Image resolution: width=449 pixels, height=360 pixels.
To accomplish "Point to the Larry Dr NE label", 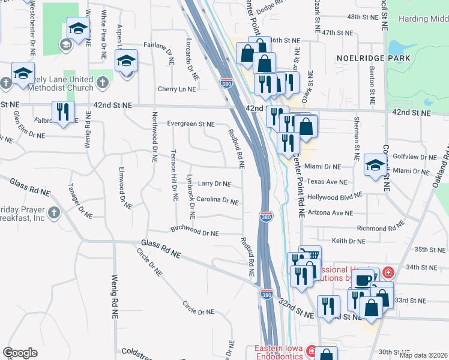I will [x=214, y=184].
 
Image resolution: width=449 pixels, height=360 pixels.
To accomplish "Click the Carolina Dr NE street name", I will [x=217, y=200].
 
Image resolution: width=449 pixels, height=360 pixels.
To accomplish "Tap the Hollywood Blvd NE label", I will [x=334, y=196].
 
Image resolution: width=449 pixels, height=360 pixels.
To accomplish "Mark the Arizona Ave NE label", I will [x=330, y=212].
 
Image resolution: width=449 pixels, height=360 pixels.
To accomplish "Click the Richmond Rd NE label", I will [x=381, y=229].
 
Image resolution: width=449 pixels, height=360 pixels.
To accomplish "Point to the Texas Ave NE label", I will [x=324, y=181].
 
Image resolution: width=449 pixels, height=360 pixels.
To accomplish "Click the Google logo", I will [x=20, y=353].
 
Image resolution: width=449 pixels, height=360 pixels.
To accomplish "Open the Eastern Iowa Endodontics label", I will [x=281, y=352].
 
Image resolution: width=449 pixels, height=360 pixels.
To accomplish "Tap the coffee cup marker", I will [x=363, y=279].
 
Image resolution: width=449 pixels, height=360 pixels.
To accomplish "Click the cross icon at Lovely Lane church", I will [x=5, y=82].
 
